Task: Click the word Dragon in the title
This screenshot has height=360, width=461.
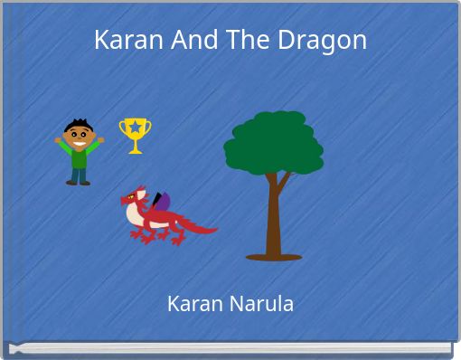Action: coord(328,41)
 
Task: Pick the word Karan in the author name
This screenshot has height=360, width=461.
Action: coord(192,304)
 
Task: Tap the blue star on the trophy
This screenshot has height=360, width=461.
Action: coord(135,128)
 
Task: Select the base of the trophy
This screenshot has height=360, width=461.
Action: coord(135,150)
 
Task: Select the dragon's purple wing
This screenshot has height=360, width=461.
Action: coord(160,202)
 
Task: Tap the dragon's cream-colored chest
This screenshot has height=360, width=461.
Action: coord(138,213)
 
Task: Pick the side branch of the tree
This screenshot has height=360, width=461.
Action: coord(283,182)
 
